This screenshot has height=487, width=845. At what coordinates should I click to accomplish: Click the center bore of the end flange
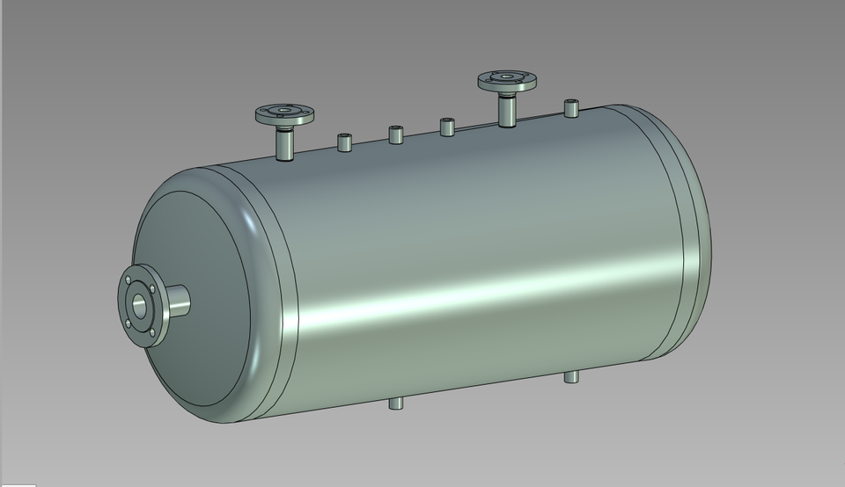click(139, 305)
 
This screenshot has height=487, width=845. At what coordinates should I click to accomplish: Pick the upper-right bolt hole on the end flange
click(152, 287)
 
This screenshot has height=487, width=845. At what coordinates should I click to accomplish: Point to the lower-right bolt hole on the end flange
click(151, 331)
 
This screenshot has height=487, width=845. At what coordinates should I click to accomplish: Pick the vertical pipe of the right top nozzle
click(507, 112)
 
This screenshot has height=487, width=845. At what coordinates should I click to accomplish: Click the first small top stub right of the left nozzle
click(344, 142)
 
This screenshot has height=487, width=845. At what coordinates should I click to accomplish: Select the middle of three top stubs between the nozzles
click(395, 134)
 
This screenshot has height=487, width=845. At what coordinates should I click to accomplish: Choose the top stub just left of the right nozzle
click(446, 127)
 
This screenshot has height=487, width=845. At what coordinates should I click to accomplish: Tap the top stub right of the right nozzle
click(571, 109)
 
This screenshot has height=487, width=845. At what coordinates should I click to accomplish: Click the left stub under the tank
click(396, 403)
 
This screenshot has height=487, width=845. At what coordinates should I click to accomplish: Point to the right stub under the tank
click(571, 377)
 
